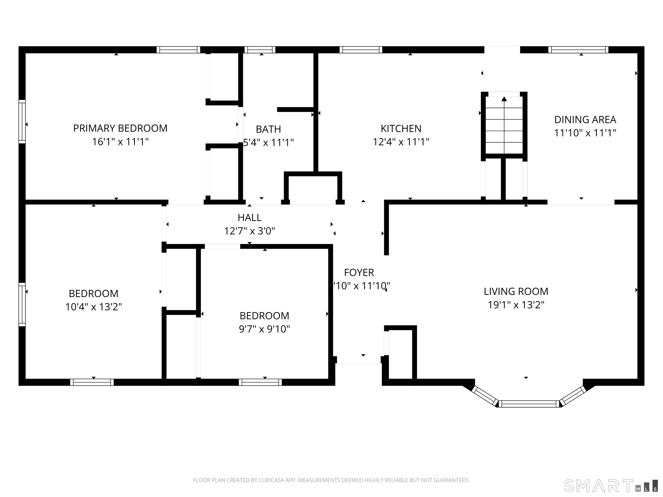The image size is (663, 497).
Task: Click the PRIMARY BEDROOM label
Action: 120,128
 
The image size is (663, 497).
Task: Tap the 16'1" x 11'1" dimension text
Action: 120,142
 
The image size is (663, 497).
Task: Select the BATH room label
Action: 268,129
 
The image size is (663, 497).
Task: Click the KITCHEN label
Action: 401,129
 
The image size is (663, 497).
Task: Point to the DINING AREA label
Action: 585,120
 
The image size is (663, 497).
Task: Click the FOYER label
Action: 359,273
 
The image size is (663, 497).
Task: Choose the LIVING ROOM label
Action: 516,291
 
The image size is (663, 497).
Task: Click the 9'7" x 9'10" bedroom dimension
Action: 264,329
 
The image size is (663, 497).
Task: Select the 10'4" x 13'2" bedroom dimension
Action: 93,307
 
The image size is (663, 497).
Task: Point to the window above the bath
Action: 260,50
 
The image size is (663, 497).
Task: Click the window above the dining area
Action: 578,50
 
